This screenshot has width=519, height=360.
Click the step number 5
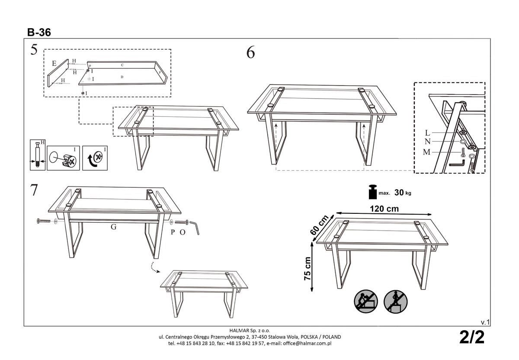(34, 50)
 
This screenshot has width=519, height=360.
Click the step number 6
(250, 52)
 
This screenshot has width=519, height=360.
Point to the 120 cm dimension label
(384, 209)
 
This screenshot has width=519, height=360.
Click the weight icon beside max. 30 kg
(372, 192)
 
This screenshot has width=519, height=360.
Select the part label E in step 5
(54, 64)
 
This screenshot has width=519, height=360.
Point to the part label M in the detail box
(427, 151)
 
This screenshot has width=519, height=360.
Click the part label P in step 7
(172, 232)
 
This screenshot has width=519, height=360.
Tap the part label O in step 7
(183, 232)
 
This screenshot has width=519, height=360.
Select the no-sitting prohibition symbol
(366, 301)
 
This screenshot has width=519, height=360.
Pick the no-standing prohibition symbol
(395, 301)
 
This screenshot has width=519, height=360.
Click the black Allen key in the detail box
(457, 164)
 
